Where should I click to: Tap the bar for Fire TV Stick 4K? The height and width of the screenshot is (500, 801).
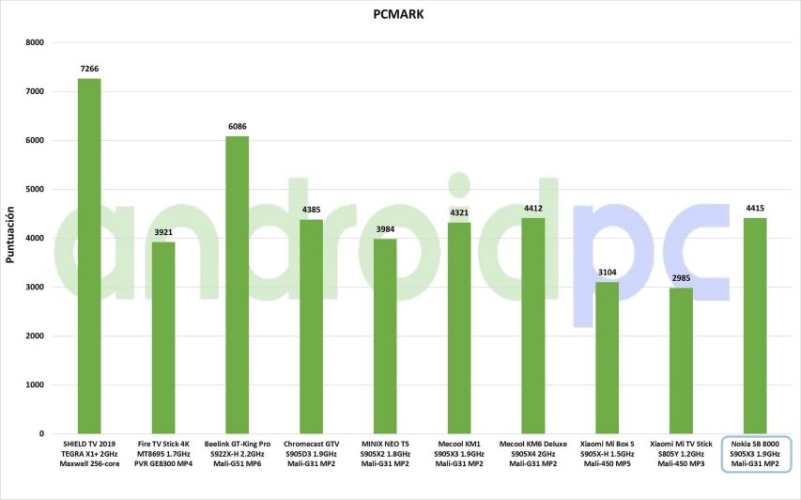pos(163,337)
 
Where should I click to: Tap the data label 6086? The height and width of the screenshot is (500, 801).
pos(238,126)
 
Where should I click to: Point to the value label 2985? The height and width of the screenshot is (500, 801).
pos(682,278)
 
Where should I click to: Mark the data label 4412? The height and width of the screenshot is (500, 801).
pos(533,209)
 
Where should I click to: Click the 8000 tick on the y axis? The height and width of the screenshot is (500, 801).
pos(35,42)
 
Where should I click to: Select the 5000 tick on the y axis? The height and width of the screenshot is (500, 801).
pos(35,190)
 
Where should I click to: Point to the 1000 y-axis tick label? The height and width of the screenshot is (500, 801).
pos(35,385)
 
